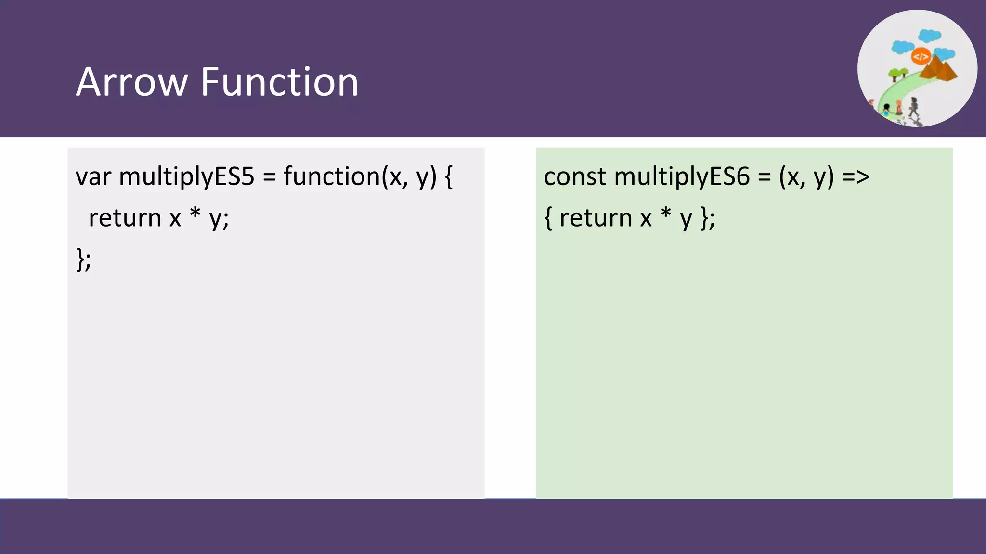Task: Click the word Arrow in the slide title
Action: (131, 82)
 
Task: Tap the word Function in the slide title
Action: (279, 82)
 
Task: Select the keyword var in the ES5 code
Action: (93, 177)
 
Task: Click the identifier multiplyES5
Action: (186, 177)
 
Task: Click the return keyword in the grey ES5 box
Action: (125, 218)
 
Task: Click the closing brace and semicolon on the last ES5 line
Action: (83, 260)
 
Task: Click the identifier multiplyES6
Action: (682, 177)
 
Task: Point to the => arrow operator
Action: (856, 177)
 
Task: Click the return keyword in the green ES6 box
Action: (596, 218)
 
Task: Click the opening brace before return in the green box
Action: (548, 218)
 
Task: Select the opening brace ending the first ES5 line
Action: (448, 177)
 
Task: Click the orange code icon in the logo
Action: (921, 57)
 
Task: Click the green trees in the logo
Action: (898, 74)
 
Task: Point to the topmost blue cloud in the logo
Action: (929, 36)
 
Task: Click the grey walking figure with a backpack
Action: (913, 107)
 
